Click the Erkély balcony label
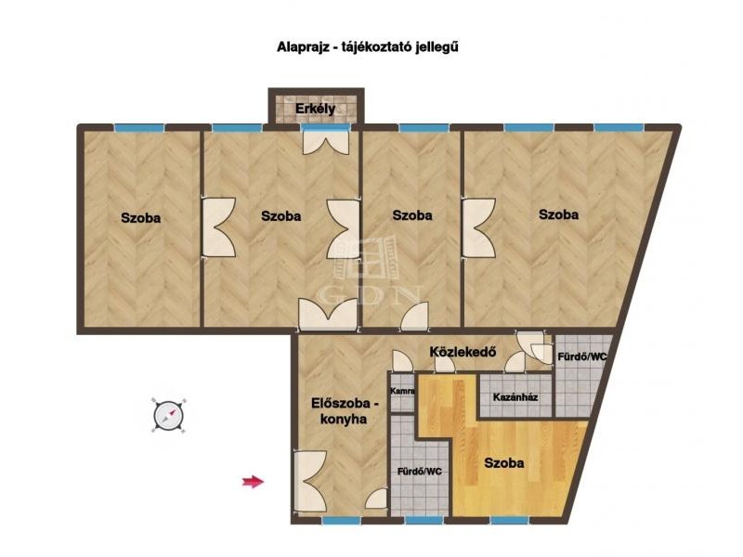315,109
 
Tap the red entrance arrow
253,482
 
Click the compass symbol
169,415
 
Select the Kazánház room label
515,397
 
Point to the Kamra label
402,391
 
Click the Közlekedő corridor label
463,352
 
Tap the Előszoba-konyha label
345,411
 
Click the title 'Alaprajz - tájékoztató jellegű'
367,47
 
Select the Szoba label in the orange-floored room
503,462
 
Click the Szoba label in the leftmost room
141,218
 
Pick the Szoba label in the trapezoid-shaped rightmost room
558,214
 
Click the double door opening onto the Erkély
326,141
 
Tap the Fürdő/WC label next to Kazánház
581,356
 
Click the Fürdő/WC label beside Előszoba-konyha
420,472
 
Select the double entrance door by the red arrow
310,482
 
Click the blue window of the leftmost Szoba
139,127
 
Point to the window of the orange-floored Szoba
509,521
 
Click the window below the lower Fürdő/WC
424,521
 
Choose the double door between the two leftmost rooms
219,227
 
